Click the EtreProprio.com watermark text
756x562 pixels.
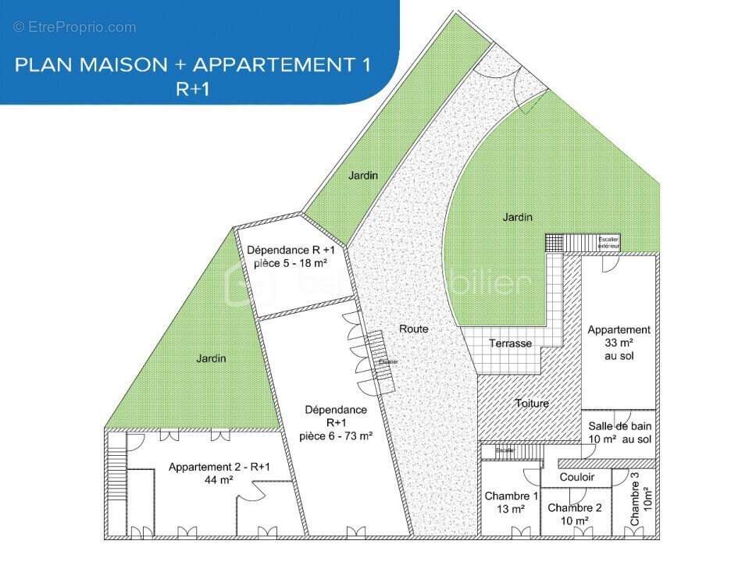[x=75, y=27]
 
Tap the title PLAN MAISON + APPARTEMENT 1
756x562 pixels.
[x=192, y=65]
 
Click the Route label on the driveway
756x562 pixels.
[x=413, y=329]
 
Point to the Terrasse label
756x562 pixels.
[x=510, y=343]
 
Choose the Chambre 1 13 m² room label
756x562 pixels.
[x=512, y=503]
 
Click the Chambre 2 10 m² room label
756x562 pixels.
[x=574, y=514]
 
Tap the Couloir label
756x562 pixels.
[x=577, y=477]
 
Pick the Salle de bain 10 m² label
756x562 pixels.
[x=620, y=432]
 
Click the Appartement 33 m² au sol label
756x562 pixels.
[x=619, y=343]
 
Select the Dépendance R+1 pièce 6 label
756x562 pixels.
[x=336, y=422]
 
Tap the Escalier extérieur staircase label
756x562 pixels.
[x=608, y=242]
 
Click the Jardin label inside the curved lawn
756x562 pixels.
[x=517, y=217]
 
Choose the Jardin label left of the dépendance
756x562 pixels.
[x=211, y=358]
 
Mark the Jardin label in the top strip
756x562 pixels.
[x=362, y=176]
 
